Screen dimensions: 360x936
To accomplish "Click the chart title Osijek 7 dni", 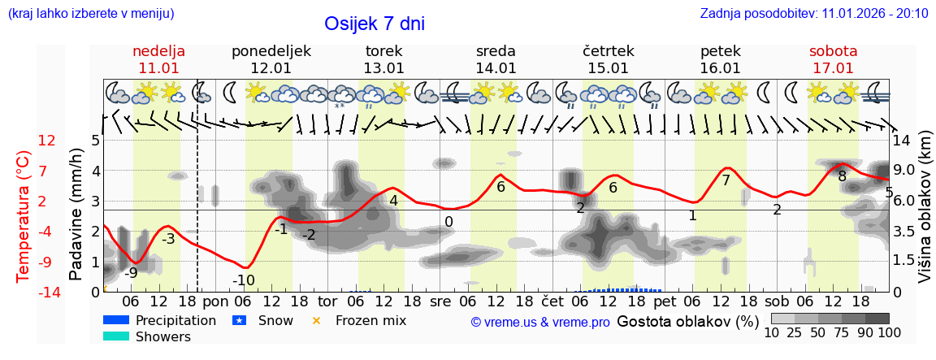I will point(374,24).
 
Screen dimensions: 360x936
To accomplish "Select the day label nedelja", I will point(159,51).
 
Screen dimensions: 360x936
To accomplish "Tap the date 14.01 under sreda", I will point(496,68).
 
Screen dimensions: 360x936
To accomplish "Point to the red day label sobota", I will point(833,51).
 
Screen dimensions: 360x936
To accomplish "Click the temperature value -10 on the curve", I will point(244,280).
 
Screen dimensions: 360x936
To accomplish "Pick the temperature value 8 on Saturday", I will point(842,176).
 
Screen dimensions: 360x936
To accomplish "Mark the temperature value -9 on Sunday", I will point(130,273).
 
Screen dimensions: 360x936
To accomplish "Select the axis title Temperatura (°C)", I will point(24,215).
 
